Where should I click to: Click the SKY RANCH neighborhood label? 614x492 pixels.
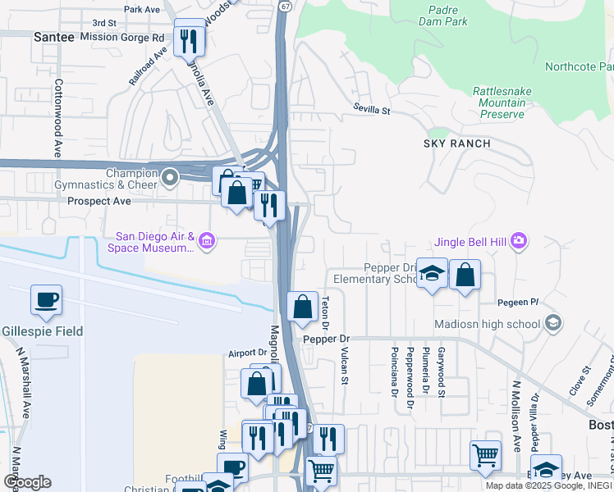pos(456,143)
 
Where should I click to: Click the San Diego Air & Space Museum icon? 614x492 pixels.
pos(207,240)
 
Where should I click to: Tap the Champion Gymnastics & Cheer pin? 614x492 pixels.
pos(171,177)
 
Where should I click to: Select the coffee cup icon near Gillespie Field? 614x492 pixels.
pos(46,299)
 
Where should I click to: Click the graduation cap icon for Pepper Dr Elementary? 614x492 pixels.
pos(431,274)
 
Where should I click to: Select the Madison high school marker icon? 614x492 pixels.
pos(552,323)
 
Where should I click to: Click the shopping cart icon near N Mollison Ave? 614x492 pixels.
pos(485,454)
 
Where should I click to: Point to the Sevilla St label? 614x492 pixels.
pos(372,107)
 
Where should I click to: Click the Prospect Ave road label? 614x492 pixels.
pos(99,201)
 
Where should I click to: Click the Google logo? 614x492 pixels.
pos(27,482)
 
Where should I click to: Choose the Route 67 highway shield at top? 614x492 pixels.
pos(284,5)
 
